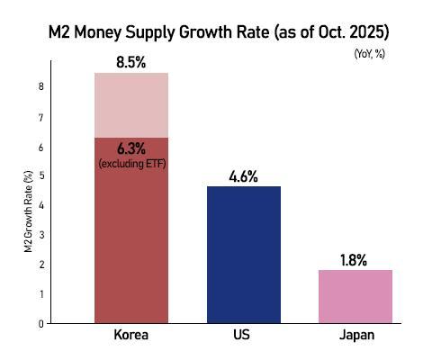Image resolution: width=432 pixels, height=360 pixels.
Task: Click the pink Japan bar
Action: [356, 296]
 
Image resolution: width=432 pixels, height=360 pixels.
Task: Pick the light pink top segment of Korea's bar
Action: [131, 104]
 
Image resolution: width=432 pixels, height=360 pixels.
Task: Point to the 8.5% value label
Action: [131, 64]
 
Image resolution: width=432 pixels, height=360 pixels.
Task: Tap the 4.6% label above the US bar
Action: [244, 176]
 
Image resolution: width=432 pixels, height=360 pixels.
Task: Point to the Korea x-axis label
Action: [131, 337]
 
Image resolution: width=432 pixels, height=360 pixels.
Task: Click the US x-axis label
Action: [244, 337]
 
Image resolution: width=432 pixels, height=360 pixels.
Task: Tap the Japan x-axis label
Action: [356, 337]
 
